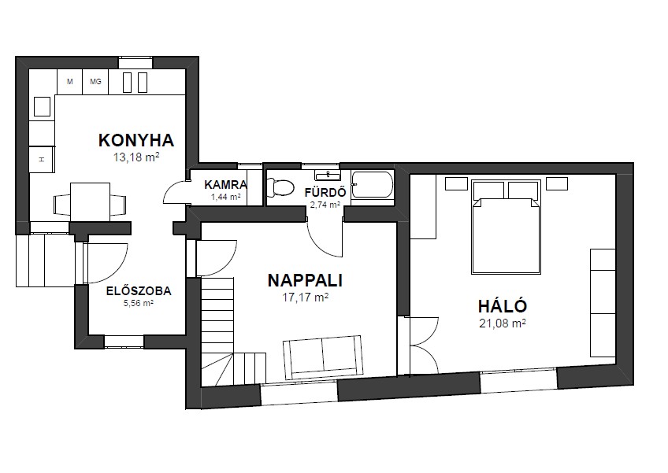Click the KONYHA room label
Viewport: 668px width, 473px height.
(136, 141)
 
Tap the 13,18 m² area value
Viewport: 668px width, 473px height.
(136, 157)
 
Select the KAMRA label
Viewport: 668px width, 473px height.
(225, 185)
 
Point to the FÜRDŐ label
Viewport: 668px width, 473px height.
(325, 193)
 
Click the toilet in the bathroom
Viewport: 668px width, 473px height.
(280, 187)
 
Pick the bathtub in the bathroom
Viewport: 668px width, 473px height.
(372, 185)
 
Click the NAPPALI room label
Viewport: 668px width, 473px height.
(305, 280)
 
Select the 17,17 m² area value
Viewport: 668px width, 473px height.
(305, 297)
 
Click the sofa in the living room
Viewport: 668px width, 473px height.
(323, 357)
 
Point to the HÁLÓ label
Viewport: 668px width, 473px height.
(503, 306)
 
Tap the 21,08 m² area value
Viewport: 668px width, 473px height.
(503, 323)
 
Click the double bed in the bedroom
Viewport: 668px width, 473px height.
(506, 227)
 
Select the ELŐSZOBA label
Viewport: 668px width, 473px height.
(139, 291)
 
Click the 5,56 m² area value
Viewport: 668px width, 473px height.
(139, 303)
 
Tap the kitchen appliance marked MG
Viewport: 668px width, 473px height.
(95, 82)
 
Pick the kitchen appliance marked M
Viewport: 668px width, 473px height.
(70, 82)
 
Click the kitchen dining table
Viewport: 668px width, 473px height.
(91, 201)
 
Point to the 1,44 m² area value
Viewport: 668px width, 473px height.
(226, 197)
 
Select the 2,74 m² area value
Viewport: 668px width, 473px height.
(325, 205)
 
